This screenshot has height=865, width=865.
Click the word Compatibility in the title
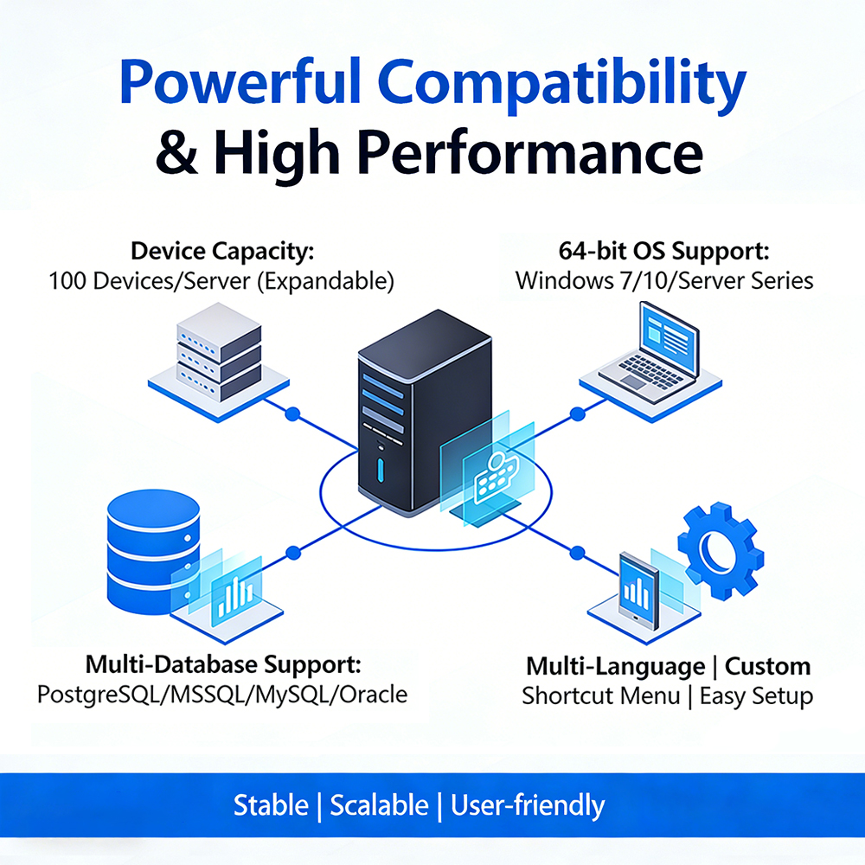click(x=565, y=84)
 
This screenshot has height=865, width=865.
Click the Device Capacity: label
click(x=221, y=252)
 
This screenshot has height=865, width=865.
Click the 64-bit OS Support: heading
click(x=664, y=252)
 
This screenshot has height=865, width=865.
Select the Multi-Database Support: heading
click(x=222, y=665)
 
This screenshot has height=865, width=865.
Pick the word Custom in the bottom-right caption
click(x=767, y=666)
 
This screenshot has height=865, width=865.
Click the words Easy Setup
click(x=757, y=695)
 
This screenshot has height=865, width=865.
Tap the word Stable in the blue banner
click(x=271, y=805)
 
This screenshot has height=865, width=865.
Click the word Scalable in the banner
click(x=379, y=805)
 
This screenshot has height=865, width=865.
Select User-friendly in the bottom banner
click(x=528, y=805)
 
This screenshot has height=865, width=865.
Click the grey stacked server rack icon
click(x=218, y=355)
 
